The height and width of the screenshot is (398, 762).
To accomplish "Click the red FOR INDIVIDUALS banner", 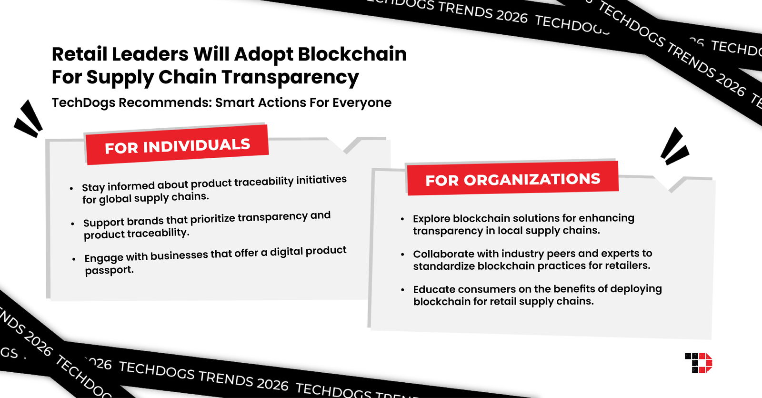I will tap(177, 145).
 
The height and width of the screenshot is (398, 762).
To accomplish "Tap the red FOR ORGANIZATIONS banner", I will tap(512, 179).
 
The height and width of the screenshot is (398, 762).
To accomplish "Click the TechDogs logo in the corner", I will tap(698, 363).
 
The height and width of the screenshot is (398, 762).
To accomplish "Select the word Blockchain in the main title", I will tap(352, 54).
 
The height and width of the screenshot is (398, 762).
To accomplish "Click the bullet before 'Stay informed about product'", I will tap(71, 189).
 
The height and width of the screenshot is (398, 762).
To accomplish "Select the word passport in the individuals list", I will tap(109, 270).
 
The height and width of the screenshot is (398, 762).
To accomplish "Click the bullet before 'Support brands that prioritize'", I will tap(72, 224).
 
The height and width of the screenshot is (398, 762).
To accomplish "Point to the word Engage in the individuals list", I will tap(104, 258).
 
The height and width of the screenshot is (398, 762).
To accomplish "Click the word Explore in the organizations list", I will tap(431, 218).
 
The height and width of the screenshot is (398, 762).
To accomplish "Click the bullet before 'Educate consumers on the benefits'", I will tap(402, 289).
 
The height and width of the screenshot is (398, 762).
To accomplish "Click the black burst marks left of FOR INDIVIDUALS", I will tap(28, 119).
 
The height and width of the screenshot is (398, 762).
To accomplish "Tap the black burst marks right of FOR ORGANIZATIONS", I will tap(674, 147).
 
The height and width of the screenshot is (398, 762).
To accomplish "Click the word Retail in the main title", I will tap(80, 54).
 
